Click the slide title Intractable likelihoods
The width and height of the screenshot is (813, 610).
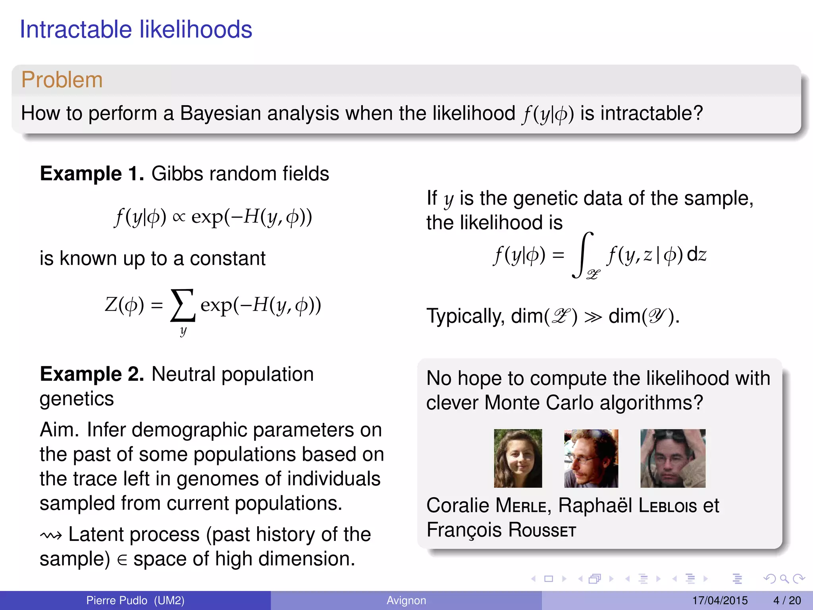[x=136, y=29]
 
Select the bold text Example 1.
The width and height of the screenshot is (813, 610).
[x=92, y=174]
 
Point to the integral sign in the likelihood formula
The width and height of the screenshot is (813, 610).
[x=582, y=255]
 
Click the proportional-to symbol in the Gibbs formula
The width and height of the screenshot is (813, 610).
[x=179, y=217]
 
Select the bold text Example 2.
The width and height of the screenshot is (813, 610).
[x=92, y=374]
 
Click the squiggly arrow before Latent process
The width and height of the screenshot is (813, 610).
[x=51, y=536]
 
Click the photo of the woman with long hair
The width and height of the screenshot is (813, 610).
[x=518, y=458]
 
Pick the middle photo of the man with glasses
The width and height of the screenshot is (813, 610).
[x=591, y=458]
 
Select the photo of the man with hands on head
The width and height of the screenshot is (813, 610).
[x=673, y=458]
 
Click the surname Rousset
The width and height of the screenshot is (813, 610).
[x=542, y=530]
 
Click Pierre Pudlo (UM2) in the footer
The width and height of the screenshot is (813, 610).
[x=135, y=600]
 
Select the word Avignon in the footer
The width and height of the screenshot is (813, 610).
[x=406, y=600]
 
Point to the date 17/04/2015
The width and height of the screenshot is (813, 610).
[x=720, y=600]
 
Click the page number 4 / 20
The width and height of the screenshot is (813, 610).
[x=787, y=600]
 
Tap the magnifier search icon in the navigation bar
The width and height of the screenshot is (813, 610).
[x=784, y=579]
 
